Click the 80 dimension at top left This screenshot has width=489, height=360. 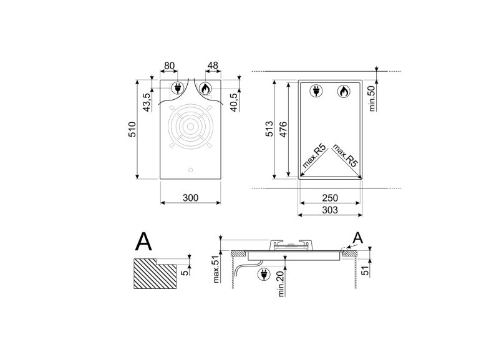169,66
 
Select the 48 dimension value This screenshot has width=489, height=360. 213,66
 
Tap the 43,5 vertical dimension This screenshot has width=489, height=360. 147,102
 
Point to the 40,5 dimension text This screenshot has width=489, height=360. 235,102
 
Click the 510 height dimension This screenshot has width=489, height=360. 132,130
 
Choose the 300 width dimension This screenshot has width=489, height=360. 191,198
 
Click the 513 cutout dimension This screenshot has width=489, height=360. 269,129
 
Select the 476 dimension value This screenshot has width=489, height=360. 283,129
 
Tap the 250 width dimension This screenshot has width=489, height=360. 330,198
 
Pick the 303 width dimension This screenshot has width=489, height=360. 330,210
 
